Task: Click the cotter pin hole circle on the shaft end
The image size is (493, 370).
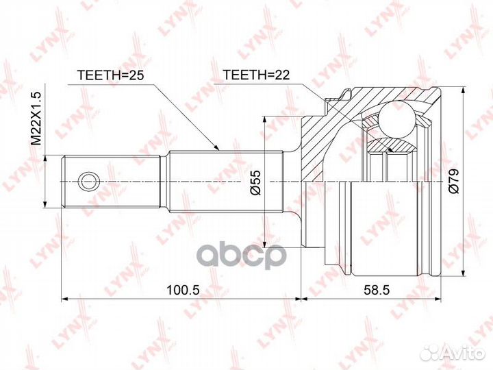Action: [x=88, y=181]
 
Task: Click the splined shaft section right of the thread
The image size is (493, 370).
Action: [x=226, y=181]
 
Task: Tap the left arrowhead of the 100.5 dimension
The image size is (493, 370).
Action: [x=65, y=299]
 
